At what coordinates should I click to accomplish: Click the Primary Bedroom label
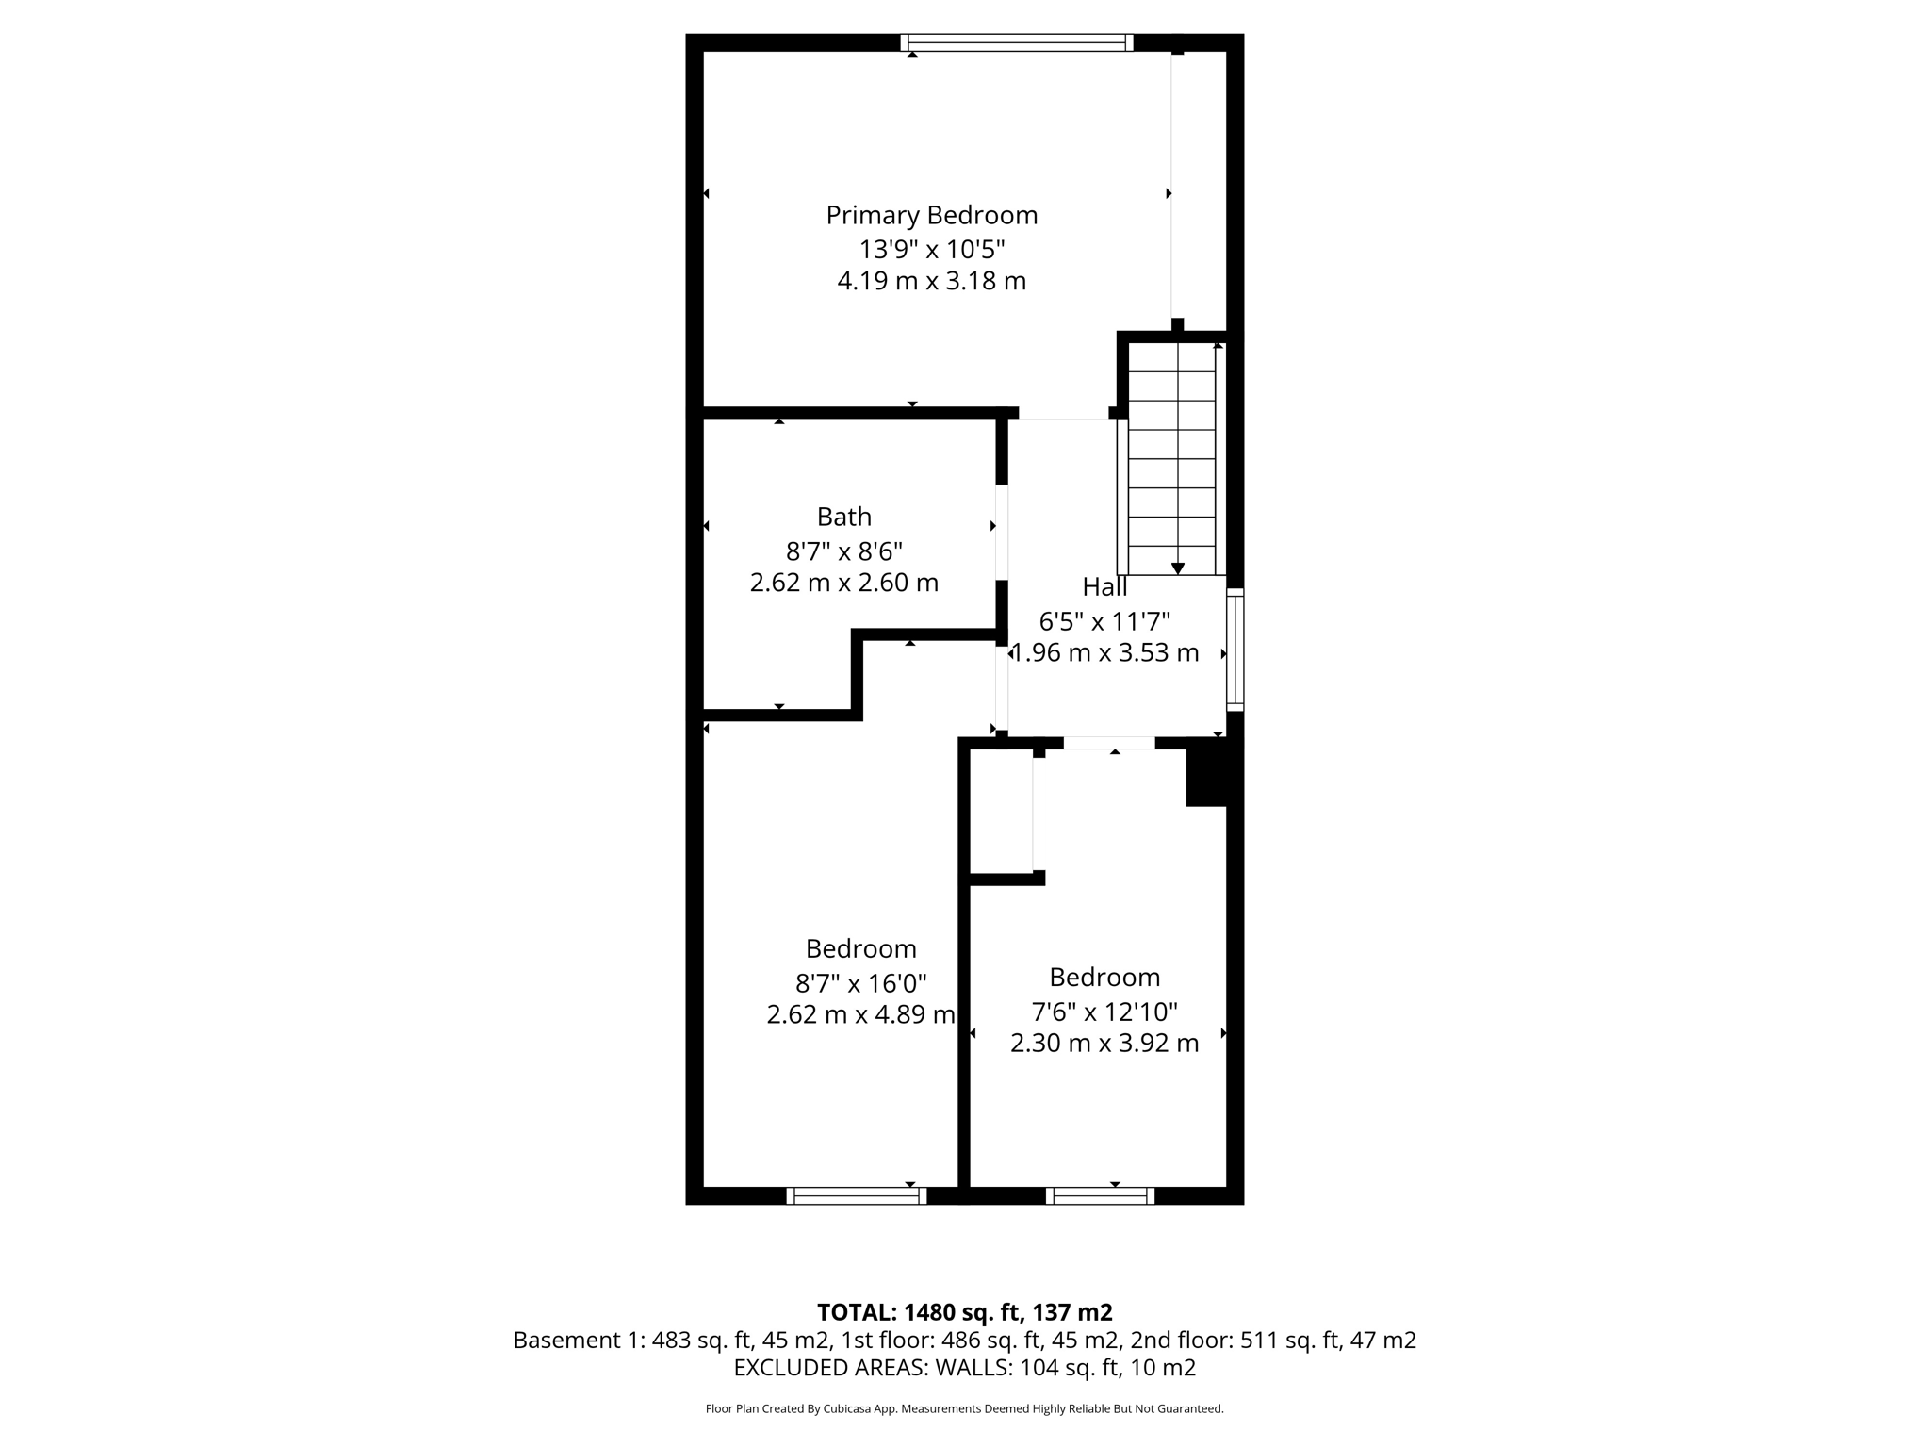(931, 216)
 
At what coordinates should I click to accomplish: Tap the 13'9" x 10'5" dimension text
(931, 250)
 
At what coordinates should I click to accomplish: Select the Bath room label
(843, 517)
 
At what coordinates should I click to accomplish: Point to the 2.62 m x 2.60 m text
(843, 583)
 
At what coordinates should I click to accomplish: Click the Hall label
(1104, 587)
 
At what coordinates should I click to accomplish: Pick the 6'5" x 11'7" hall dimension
(1104, 622)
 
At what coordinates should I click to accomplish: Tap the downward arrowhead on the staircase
(1177, 568)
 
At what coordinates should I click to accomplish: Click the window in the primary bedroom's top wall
(1016, 42)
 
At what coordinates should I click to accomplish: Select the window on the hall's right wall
(1235, 650)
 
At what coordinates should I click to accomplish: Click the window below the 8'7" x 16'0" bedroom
(856, 1195)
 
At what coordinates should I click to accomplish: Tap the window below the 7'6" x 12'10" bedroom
(1100, 1195)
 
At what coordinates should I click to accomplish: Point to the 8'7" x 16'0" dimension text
(860, 984)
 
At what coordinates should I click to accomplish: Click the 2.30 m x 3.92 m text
(1104, 1044)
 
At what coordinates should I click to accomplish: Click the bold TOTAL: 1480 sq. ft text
(964, 1312)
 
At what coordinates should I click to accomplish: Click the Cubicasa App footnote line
(964, 1409)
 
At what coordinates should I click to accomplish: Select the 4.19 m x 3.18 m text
(931, 282)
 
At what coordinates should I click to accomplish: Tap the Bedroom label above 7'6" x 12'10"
(1104, 978)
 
